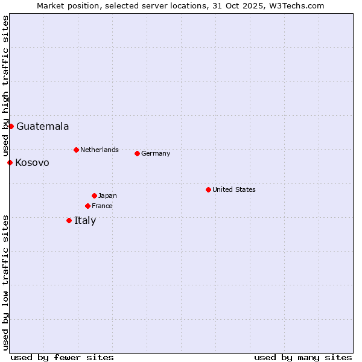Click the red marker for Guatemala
click(11, 126)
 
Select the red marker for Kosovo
click(10, 162)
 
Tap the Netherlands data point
click(76, 150)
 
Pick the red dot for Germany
click(137, 153)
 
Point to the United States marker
click(208, 189)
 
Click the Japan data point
click(94, 195)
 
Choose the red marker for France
click(87, 206)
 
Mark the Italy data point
click(69, 220)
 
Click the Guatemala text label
click(42, 127)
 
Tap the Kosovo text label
click(32, 163)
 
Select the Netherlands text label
click(99, 150)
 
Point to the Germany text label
click(156, 153)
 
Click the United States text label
click(233, 189)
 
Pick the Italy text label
click(85, 221)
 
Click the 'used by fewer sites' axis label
click(62, 357)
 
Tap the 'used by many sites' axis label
click(303, 357)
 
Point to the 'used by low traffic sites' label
click(5, 282)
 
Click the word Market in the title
click(51, 5)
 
